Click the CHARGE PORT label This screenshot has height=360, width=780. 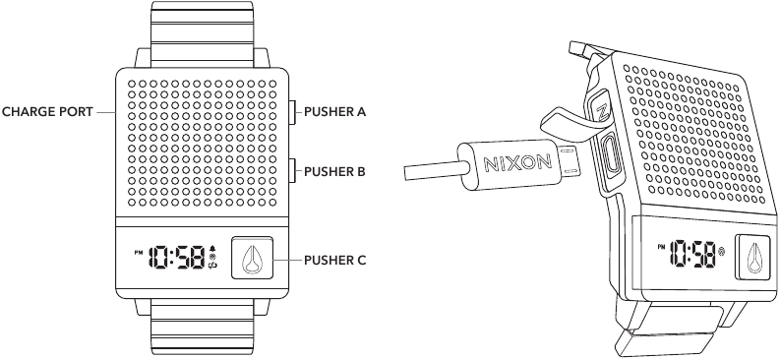(47, 112)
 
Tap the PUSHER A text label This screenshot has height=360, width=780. (334, 112)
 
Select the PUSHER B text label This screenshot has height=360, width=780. (334, 171)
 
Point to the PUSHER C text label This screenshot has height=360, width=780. (334, 260)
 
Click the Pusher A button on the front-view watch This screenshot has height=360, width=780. (292, 112)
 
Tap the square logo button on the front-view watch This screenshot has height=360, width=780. (252, 257)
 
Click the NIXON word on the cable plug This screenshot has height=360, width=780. (517, 162)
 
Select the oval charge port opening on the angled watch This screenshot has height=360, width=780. (611, 154)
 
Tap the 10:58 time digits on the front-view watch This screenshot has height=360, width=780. (178, 258)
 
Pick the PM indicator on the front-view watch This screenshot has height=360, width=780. (139, 252)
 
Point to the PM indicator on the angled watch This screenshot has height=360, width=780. (661, 247)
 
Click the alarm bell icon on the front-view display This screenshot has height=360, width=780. (212, 249)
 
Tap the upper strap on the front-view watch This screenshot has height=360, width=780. (202, 33)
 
